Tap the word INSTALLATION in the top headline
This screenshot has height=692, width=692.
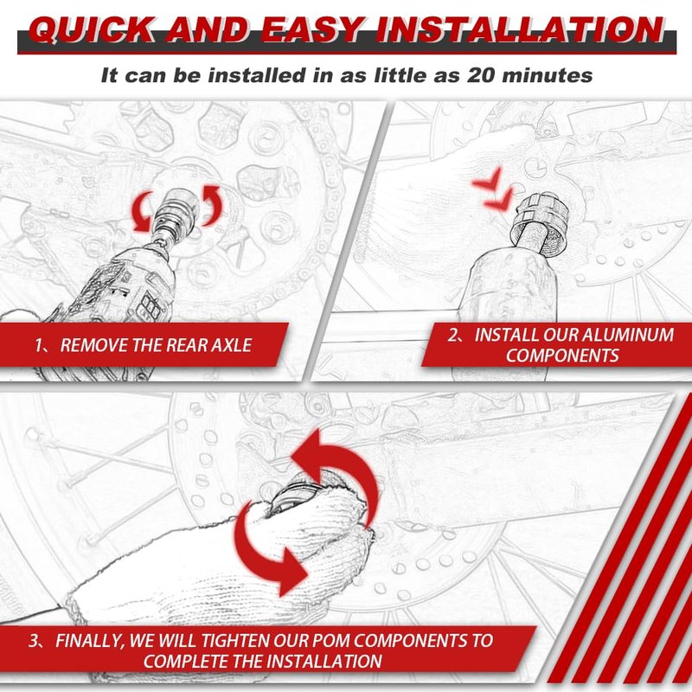coord(520,30)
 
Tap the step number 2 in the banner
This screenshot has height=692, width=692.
coord(453,335)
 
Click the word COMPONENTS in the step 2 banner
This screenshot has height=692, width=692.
coord(562,356)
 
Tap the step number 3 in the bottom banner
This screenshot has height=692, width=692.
coord(34,640)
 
